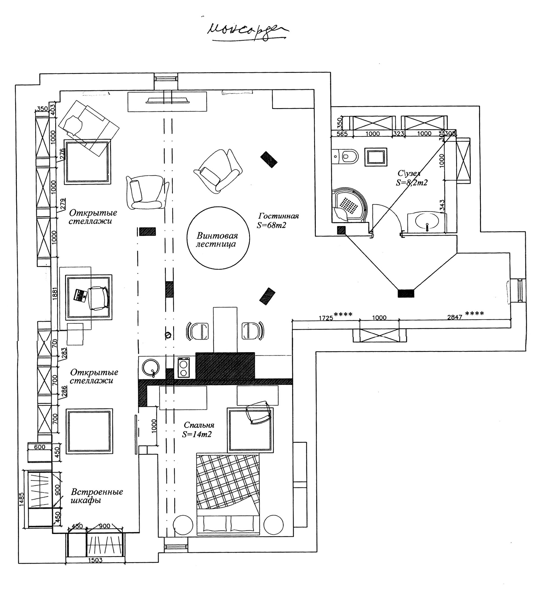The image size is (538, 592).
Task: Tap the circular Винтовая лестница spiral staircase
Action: click(x=218, y=238)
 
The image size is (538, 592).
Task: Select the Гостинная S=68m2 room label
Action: click(x=278, y=220)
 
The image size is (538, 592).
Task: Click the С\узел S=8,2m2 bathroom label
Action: click(x=411, y=178)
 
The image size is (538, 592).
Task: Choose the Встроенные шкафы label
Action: click(x=97, y=496)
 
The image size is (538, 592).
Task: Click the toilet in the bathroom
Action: click(x=347, y=156)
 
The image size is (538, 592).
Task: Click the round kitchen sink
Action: click(x=151, y=367)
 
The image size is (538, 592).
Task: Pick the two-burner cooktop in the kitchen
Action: click(x=184, y=367)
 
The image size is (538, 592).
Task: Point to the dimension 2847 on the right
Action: click(x=454, y=317)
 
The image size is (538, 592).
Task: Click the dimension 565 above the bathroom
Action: click(x=342, y=134)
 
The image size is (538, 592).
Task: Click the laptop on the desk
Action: click(x=80, y=295)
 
